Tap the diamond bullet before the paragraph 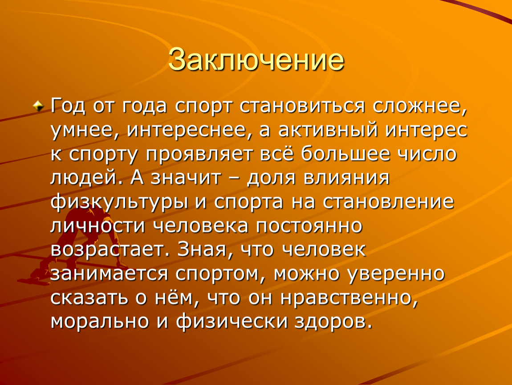[39, 106]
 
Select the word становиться [302, 106]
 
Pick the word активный [328, 131]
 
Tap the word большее [345, 154]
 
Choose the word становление [388, 202]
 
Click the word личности [98, 226]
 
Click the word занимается [109, 274]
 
